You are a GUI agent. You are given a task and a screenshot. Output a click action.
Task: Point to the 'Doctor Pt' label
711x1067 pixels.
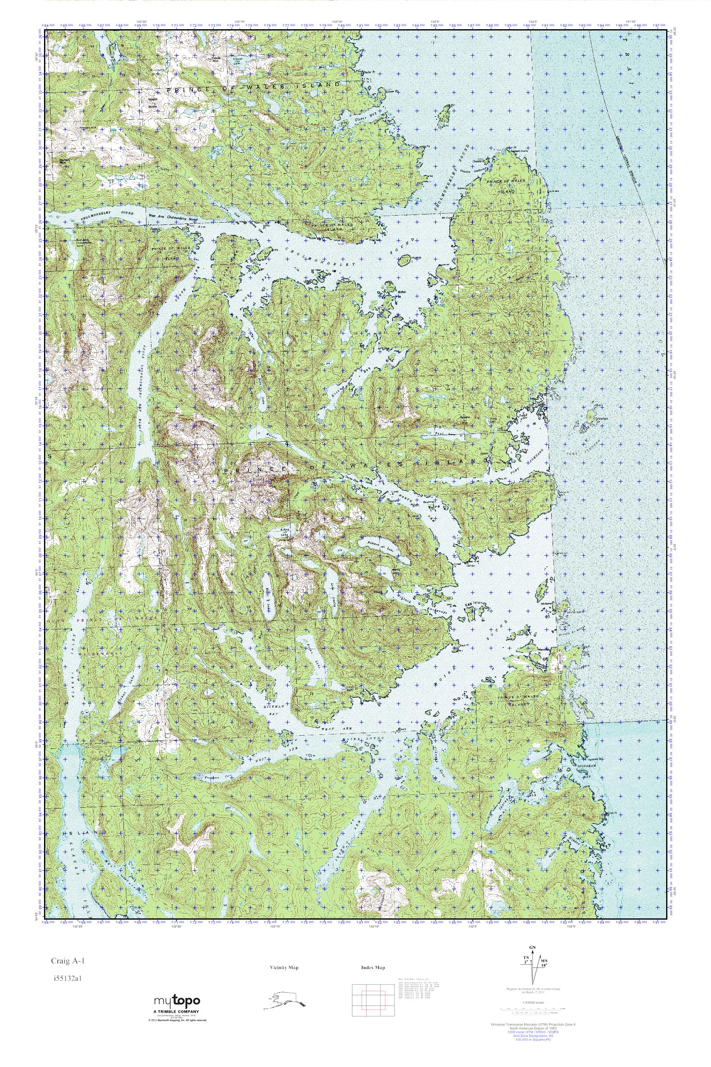coord(370,72)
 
